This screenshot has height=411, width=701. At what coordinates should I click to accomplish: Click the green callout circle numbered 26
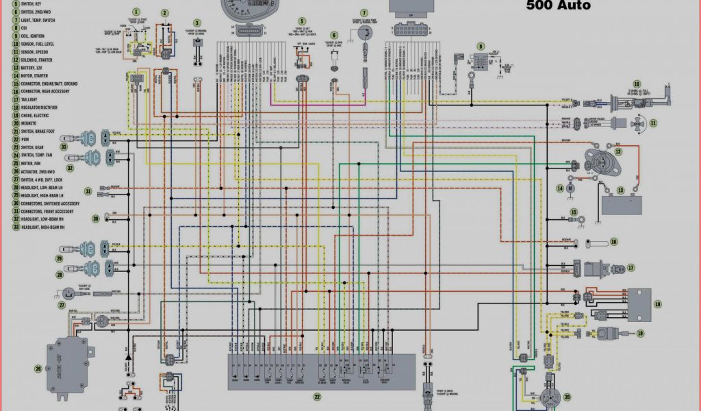click(38, 369)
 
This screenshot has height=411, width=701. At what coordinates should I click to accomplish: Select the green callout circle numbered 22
click(317, 397)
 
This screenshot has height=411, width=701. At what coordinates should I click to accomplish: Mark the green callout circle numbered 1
click(136, 12)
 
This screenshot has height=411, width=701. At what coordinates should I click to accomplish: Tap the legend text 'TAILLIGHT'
click(24, 99)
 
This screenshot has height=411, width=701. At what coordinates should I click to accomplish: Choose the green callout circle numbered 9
click(481, 47)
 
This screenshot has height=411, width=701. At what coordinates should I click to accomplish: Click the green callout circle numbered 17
click(630, 268)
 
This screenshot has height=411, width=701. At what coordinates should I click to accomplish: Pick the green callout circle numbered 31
click(88, 191)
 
